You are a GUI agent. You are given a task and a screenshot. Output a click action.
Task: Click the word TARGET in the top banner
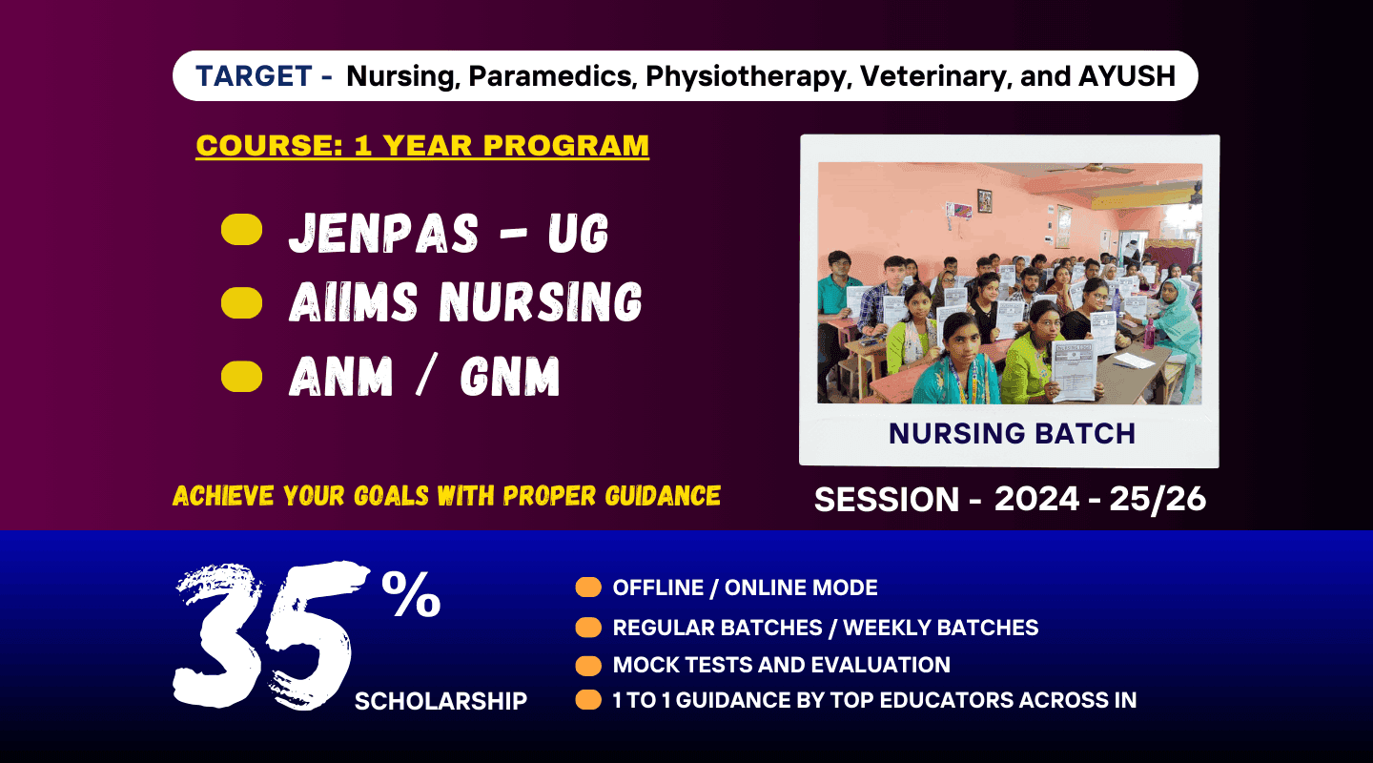(x=254, y=76)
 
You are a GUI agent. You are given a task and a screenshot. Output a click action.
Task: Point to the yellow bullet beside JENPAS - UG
(x=241, y=230)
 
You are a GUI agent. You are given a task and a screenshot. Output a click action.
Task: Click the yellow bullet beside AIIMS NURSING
(x=241, y=303)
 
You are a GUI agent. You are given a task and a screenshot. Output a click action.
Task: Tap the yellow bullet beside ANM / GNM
(x=241, y=377)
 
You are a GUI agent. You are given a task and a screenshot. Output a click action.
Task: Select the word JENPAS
(x=383, y=233)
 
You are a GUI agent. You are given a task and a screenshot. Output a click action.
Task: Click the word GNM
(x=510, y=376)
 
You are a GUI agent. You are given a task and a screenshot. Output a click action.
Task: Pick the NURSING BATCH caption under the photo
(x=1012, y=434)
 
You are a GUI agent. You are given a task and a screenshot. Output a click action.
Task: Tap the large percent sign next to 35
(x=411, y=594)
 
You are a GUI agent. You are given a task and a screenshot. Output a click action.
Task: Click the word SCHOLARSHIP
(x=441, y=700)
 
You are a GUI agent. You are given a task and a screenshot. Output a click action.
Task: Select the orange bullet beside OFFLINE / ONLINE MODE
(x=588, y=587)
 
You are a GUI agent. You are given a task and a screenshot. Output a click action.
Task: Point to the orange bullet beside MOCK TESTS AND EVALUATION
(x=588, y=666)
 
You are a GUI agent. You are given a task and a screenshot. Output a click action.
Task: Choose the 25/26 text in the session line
(x=1158, y=499)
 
